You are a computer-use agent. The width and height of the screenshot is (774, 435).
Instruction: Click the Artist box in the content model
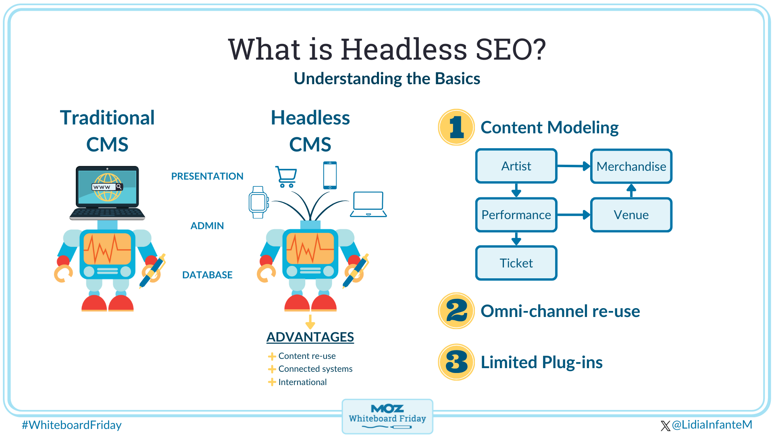(516, 166)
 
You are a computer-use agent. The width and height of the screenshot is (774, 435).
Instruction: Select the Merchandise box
(631, 166)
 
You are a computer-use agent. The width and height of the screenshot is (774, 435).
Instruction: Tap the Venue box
(631, 215)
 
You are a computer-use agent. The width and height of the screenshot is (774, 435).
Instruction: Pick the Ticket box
(516, 263)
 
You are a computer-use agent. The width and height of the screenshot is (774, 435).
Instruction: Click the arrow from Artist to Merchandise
(574, 166)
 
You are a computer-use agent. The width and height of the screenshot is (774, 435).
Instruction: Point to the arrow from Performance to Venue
(574, 215)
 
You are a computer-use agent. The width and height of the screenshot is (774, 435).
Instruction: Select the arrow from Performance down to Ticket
(516, 238)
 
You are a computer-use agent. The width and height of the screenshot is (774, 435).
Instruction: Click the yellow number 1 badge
(456, 127)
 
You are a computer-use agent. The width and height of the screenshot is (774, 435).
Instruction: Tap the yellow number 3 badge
(456, 362)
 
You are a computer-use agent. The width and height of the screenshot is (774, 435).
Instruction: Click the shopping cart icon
(286, 176)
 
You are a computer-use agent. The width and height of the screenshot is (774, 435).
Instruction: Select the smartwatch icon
(258, 202)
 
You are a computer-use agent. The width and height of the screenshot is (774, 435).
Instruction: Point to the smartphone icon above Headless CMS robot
(330, 175)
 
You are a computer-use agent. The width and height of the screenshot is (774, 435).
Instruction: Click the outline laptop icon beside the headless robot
(368, 204)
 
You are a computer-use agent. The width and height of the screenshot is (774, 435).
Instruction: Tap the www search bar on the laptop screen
(107, 187)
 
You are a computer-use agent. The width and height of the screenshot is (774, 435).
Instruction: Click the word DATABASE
(207, 275)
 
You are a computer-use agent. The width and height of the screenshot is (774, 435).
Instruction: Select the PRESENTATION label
(207, 176)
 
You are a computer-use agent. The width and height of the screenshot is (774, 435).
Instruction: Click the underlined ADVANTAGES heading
(310, 337)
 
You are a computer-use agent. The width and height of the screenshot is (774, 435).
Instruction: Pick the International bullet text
(302, 382)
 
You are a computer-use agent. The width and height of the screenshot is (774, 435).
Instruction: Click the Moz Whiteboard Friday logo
(387, 416)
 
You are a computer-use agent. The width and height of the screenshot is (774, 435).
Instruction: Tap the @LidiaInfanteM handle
(711, 425)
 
